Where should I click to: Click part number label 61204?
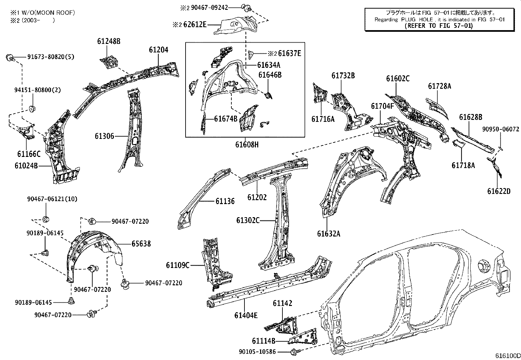[158, 50]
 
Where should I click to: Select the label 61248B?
[109, 41]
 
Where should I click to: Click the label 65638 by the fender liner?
[141, 244]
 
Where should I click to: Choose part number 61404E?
[246, 315]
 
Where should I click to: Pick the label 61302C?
[248, 220]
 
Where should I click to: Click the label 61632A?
[328, 234]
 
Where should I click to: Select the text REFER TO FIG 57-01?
[439, 26]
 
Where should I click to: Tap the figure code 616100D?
[507, 356]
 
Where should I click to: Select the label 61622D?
[499, 191]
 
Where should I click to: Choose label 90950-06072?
[500, 130]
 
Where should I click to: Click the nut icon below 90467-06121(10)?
[46, 218]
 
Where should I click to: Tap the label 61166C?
[29, 154]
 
